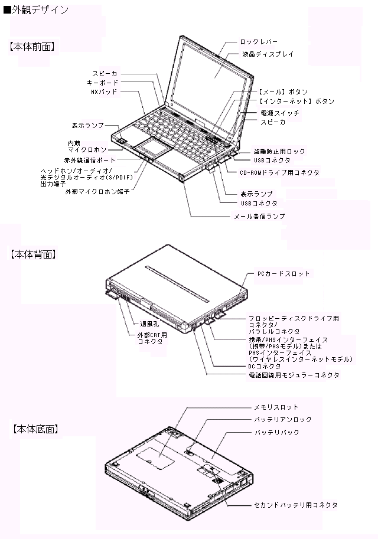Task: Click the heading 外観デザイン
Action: click(40, 10)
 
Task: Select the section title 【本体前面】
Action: click(32, 47)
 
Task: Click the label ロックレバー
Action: click(259, 42)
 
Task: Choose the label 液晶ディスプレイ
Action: click(268, 54)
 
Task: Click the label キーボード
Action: click(103, 83)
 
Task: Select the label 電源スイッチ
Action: click(279, 113)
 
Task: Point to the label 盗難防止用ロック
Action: click(279, 151)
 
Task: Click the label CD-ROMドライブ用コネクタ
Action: click(279, 172)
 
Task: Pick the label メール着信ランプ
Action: click(259, 216)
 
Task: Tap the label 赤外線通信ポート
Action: click(89, 160)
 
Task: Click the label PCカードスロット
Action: click(283, 273)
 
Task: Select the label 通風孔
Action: click(149, 324)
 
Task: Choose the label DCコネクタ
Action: click(265, 367)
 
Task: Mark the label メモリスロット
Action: click(276, 407)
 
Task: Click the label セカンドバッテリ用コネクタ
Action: click(295, 505)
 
